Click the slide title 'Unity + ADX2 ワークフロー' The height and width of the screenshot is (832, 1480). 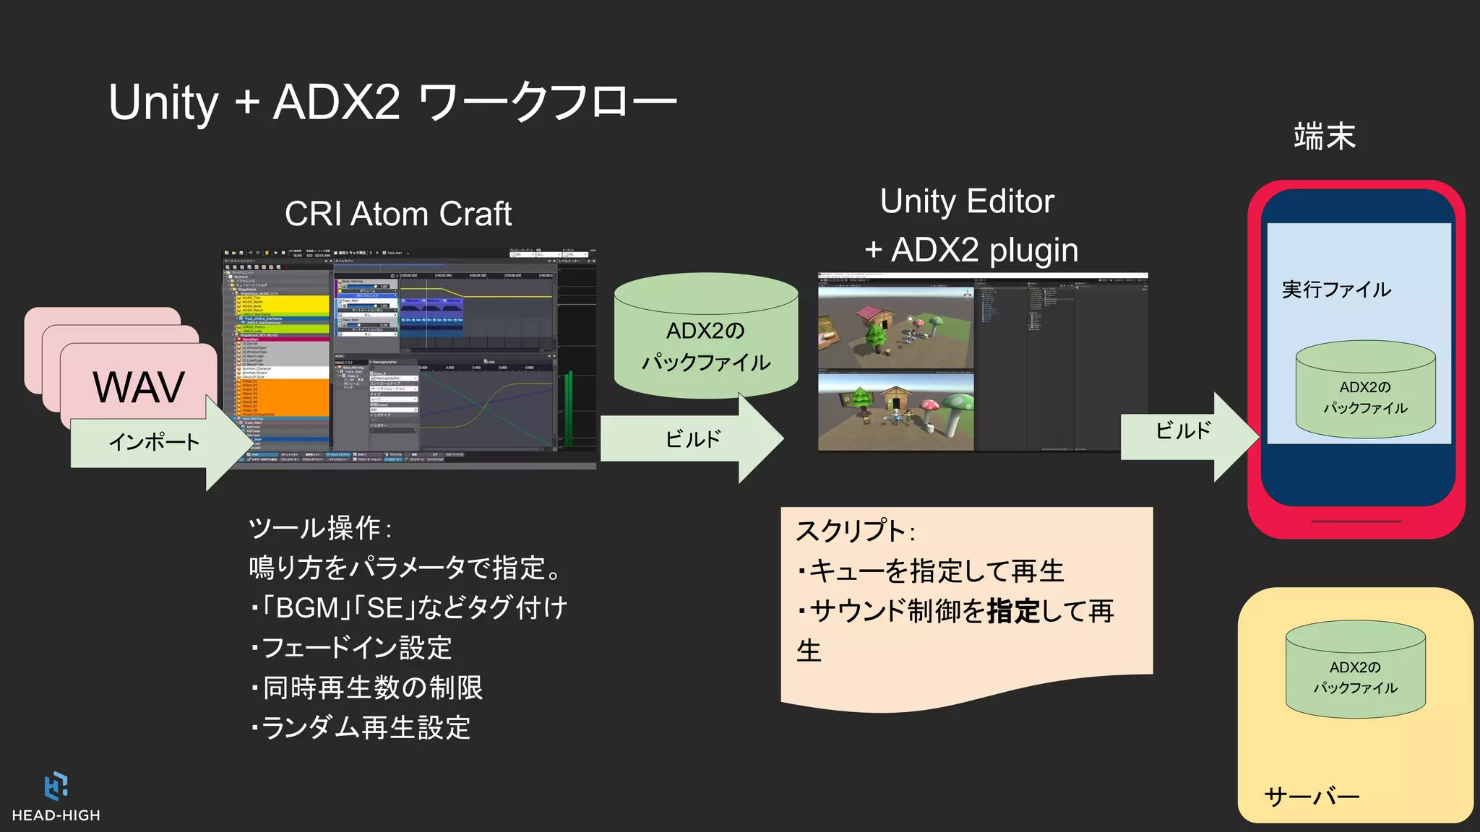(392, 102)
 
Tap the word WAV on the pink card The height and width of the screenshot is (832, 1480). (139, 387)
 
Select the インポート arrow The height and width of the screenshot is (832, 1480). (155, 441)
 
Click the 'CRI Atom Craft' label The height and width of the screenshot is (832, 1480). (398, 214)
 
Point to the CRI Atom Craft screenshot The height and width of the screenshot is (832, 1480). (409, 360)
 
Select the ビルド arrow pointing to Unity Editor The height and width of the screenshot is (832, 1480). (692, 438)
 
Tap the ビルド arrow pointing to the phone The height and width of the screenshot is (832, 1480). (1185, 432)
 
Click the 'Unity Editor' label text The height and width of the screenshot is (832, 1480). (967, 201)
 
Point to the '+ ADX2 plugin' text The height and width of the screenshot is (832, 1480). (971, 251)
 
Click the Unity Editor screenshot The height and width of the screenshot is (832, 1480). (983, 363)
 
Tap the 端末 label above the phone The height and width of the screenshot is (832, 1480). (1325, 136)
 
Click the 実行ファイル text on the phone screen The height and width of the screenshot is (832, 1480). (1336, 290)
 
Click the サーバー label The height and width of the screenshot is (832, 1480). (1312, 797)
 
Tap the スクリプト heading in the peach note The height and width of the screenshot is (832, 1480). (855, 532)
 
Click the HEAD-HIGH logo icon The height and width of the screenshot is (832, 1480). (56, 786)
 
